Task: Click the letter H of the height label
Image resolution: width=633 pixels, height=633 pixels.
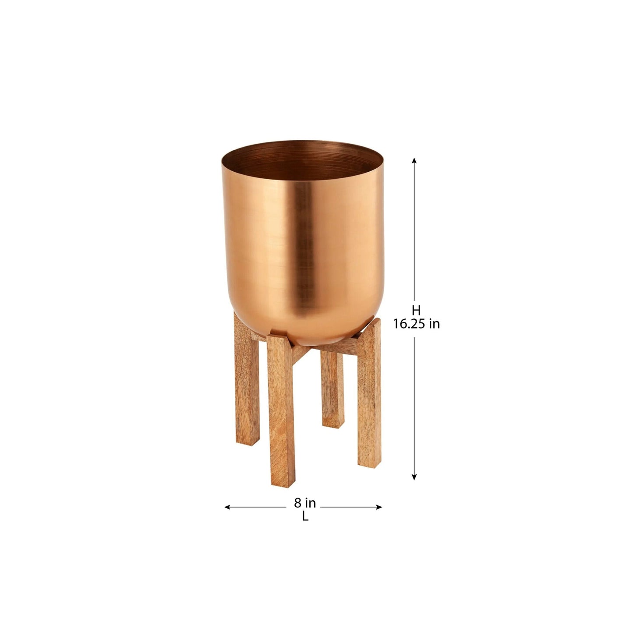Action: (x=416, y=310)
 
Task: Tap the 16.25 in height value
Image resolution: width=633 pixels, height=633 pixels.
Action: (x=416, y=324)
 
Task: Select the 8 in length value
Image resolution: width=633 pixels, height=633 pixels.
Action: (x=304, y=503)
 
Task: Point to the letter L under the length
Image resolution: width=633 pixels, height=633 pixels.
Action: (x=305, y=517)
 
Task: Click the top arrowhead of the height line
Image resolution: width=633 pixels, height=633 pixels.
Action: (x=414, y=161)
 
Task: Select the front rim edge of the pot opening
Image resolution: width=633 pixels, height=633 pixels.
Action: (x=302, y=180)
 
